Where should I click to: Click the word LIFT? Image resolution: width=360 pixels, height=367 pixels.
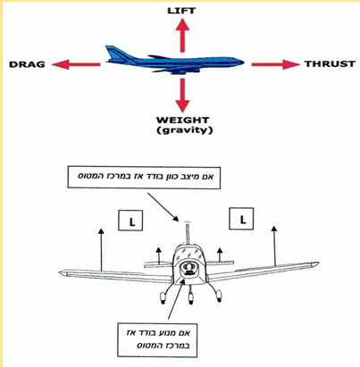pos(181,11)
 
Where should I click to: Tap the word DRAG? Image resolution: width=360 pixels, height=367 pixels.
pos(27,64)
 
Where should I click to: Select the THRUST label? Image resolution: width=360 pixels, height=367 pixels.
pos(330,64)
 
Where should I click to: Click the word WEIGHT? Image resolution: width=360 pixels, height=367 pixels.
pos(183,121)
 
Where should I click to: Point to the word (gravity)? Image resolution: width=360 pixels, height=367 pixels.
pos(185,130)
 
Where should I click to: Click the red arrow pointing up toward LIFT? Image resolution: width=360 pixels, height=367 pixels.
pos(182,35)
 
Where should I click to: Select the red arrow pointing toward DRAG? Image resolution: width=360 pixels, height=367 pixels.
pos(76,64)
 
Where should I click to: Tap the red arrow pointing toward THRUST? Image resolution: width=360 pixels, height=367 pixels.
pos(275,64)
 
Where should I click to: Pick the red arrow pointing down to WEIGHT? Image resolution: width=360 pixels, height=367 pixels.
pos(182,96)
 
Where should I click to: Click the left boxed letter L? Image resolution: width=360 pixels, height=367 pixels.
pos(130,221)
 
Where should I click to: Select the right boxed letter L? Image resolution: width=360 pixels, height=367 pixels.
pos(241,219)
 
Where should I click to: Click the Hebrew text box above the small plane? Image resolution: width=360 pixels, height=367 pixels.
pos(144,178)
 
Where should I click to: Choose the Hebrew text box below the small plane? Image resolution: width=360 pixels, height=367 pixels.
pos(157,340)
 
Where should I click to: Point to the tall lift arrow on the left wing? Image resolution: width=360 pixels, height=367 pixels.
pos(102,249)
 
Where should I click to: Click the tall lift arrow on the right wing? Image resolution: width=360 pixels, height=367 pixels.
pos(274,245)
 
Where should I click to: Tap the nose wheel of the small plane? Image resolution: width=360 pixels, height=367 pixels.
pos(190,297)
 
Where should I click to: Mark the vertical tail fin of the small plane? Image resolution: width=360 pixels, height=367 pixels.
pos(188,234)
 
